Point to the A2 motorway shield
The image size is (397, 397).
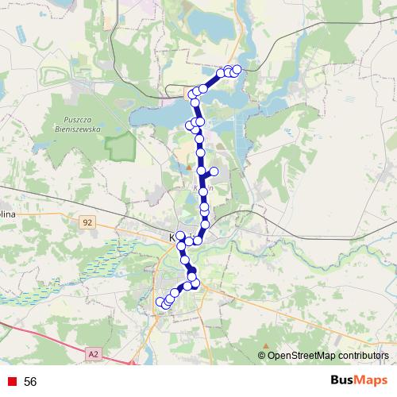[x=94, y=352]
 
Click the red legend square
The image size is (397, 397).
[x=10, y=382]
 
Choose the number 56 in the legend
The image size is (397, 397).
[x=30, y=382]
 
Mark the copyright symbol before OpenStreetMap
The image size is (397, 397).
[x=261, y=355]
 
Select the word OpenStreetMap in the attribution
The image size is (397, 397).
[x=300, y=355]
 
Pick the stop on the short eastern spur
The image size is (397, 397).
[x=214, y=171]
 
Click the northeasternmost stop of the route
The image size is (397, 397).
[x=237, y=69]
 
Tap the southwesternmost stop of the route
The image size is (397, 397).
[x=160, y=302]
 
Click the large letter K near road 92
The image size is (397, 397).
[x=173, y=237]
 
